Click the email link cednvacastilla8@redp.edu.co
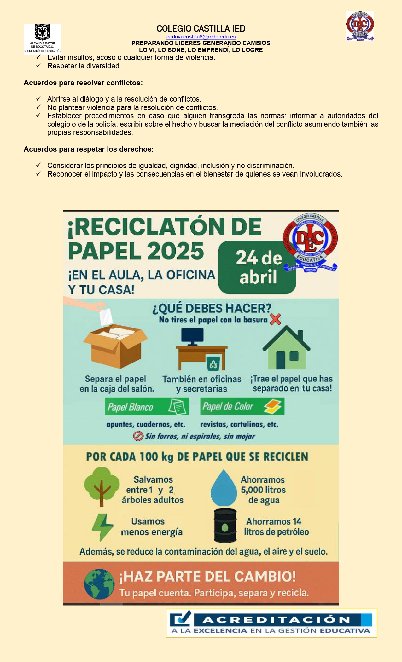(x=201, y=37)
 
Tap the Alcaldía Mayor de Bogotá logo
(x=42, y=38)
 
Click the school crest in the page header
(x=360, y=26)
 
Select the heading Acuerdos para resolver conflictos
(x=83, y=83)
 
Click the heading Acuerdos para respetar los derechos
(x=89, y=149)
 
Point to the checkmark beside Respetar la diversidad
(x=38, y=66)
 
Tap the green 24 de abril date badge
(x=257, y=267)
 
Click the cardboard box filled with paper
(x=115, y=346)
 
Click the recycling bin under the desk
(x=213, y=364)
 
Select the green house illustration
(x=287, y=348)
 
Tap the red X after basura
(x=276, y=319)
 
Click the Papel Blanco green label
(x=147, y=407)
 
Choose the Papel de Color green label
(x=242, y=406)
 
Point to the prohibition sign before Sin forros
(x=138, y=436)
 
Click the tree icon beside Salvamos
(x=102, y=486)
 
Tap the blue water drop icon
(x=224, y=488)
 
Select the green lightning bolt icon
(x=102, y=527)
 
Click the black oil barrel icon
(x=225, y=525)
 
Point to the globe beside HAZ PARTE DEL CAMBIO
(x=99, y=584)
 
